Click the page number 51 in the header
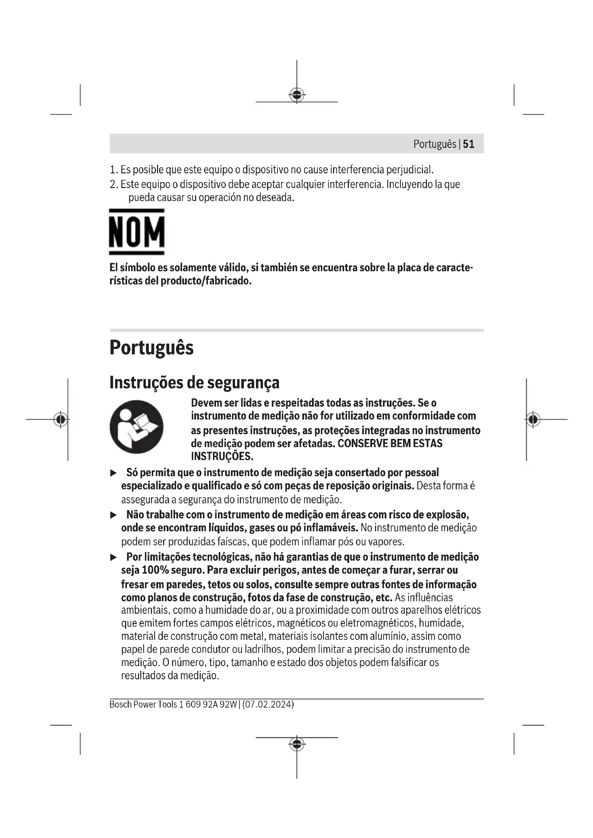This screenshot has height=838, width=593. [469, 144]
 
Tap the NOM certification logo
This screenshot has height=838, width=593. [137, 232]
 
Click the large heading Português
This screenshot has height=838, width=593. [152, 348]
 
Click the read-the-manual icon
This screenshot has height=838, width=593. [137, 427]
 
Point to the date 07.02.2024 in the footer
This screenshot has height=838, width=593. [268, 704]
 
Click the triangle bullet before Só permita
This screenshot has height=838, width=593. [114, 473]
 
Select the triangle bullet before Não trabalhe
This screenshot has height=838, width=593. [114, 515]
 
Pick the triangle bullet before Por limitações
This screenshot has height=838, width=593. [114, 557]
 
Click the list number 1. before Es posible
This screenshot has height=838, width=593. [114, 170]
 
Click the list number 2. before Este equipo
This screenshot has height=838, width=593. [114, 184]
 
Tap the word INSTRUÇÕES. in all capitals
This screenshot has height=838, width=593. [222, 456]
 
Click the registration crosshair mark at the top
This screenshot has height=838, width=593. [297, 95]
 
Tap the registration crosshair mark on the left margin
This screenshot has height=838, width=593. [61, 420]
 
